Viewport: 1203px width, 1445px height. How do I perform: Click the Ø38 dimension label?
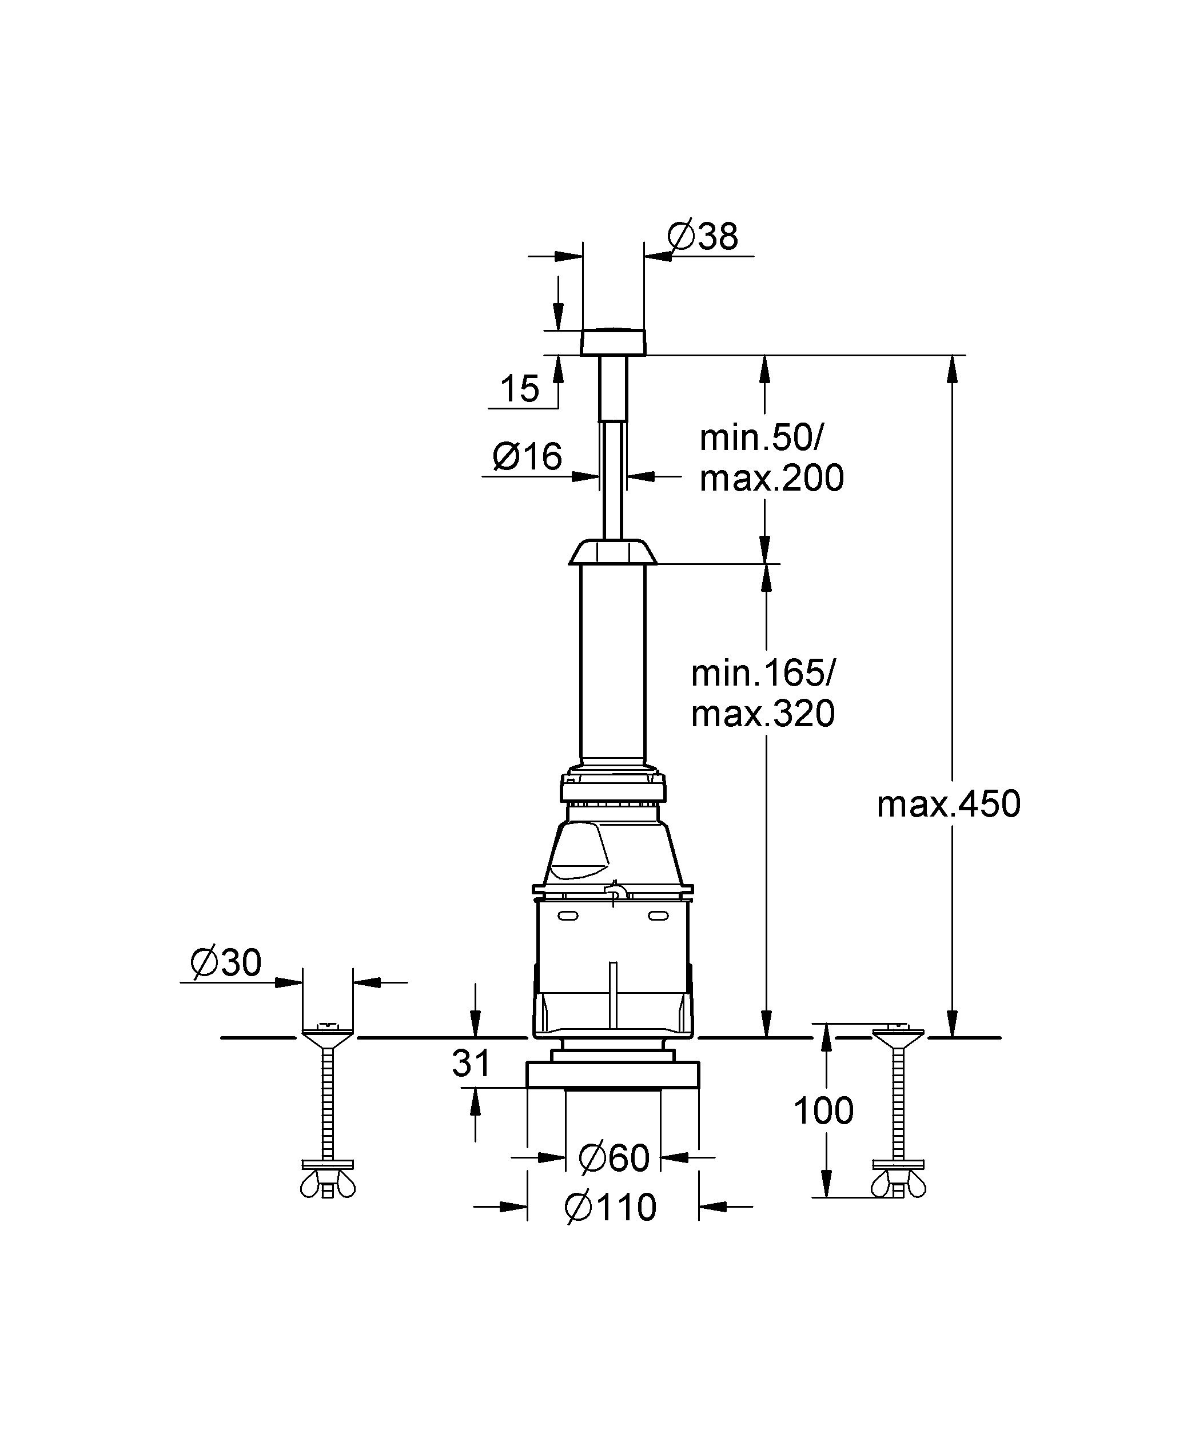pos(703,236)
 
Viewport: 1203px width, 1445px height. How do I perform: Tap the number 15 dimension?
pos(520,389)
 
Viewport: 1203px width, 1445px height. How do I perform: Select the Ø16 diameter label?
pos(527,456)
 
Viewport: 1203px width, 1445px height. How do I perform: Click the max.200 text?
pos(771,477)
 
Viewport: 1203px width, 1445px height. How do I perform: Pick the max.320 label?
pos(763,713)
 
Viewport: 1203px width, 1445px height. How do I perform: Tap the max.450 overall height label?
pos(949,803)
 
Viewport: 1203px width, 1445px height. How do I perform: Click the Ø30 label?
pos(226,962)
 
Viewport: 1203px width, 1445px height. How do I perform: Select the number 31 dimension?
pos(472,1063)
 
